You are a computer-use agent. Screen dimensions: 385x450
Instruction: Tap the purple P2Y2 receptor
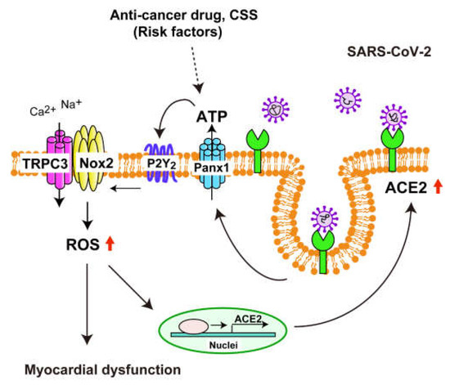pyautogui.click(x=162, y=153)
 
